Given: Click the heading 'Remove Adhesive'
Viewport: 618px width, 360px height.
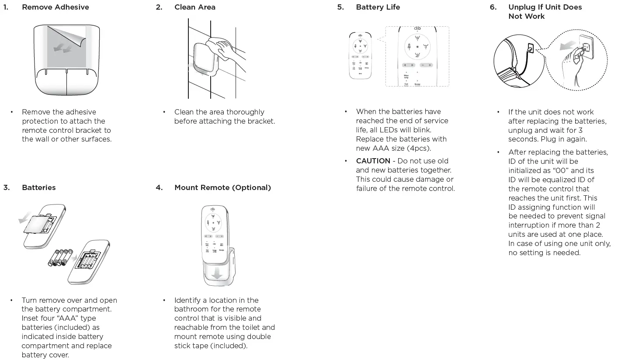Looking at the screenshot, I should [55, 7].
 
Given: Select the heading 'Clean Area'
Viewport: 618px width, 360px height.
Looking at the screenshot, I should [194, 7].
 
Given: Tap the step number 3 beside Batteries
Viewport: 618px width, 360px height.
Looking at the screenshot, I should [6, 187].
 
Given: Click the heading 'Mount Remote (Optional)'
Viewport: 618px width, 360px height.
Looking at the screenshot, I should [222, 187].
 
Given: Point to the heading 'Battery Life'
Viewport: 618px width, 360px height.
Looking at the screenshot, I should [378, 7].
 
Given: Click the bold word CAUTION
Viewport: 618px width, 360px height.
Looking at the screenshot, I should [373, 161].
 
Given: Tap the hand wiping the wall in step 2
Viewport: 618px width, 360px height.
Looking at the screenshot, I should [224, 47].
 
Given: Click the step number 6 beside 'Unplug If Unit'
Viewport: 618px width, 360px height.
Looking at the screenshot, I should [493, 7].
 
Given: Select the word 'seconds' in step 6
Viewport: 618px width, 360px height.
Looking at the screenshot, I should [523, 139].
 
